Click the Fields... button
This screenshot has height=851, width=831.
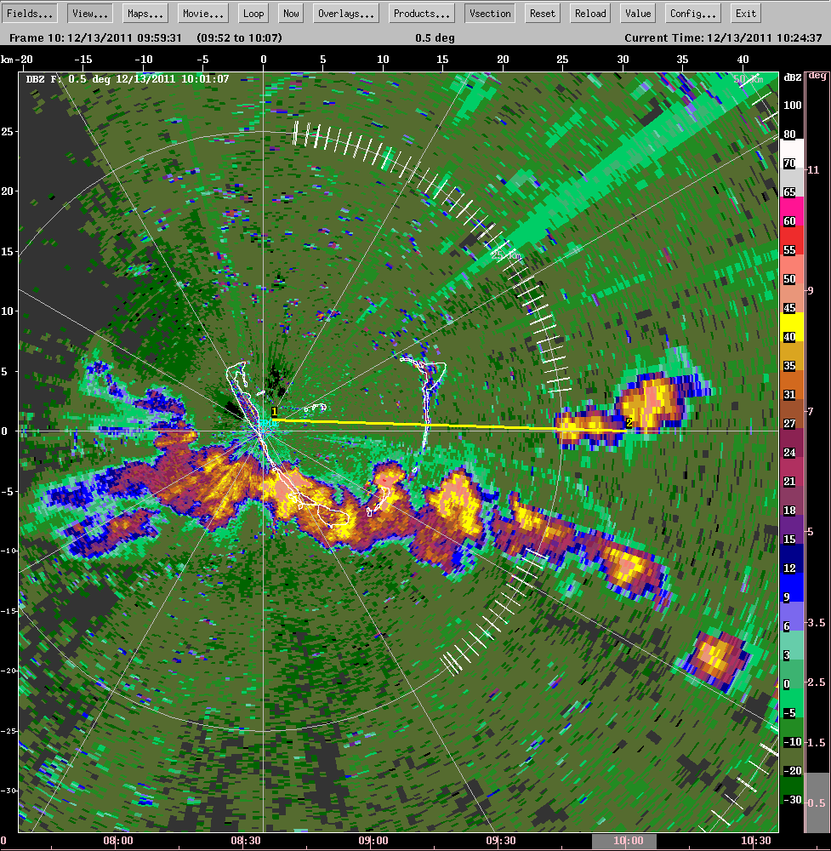[31, 14]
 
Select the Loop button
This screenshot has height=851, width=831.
[253, 14]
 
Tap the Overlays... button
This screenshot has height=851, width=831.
[346, 14]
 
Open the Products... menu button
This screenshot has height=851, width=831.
[421, 14]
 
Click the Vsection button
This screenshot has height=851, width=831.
[490, 14]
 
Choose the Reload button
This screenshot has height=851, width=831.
[590, 14]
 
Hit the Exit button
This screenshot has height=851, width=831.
[746, 14]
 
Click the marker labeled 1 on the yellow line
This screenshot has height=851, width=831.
[275, 412]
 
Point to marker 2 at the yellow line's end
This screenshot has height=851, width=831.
[629, 422]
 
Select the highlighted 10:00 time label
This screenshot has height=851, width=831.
[628, 841]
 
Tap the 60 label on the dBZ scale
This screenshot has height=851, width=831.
[790, 221]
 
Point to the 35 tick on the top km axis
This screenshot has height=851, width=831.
[682, 59]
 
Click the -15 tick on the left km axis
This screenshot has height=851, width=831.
[9, 611]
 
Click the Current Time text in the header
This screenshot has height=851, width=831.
[723, 37]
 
